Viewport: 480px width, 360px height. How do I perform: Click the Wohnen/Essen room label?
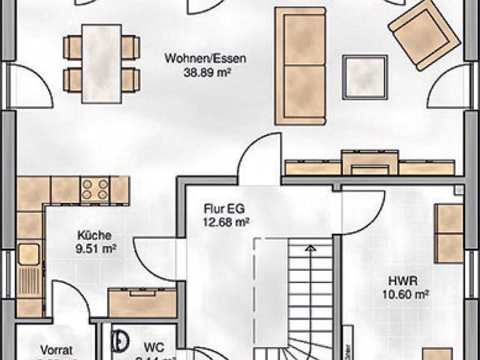click(x=205, y=58)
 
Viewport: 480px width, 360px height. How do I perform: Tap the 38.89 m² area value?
click(x=205, y=73)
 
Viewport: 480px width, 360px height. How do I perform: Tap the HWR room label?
click(x=398, y=280)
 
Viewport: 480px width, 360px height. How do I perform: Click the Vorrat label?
click(x=56, y=349)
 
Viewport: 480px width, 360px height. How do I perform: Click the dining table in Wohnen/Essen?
click(x=101, y=63)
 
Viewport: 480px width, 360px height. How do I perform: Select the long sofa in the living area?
click(x=300, y=65)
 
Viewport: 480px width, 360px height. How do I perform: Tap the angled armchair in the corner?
click(x=423, y=34)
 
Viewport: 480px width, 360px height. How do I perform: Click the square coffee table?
click(x=364, y=76)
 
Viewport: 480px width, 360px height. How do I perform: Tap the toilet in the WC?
click(x=119, y=341)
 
